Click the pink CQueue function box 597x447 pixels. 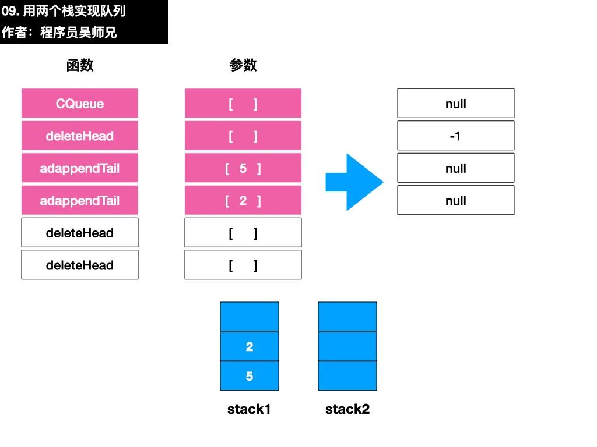pos(79,104)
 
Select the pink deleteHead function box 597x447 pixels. pos(79,136)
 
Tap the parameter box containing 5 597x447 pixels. pos(243,168)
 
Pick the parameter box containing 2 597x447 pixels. pos(243,200)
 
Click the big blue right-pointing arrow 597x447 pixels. pos(354,182)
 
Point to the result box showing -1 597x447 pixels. pos(456,136)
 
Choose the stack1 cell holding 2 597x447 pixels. pos(250,346)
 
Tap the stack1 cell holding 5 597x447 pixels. pos(250,376)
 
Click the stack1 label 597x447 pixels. pos(249,409)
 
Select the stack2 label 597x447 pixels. pos(347,409)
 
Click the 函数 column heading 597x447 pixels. pos(79,65)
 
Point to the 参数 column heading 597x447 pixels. pos(243,65)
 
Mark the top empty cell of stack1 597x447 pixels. pos(250,317)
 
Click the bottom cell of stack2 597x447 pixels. pos(347,376)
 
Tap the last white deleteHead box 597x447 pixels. pos(79,265)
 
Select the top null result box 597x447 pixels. pos(456,104)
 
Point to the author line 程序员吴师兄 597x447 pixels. pos(79,33)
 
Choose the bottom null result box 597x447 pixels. pos(456,200)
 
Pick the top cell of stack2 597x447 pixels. pos(347,317)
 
